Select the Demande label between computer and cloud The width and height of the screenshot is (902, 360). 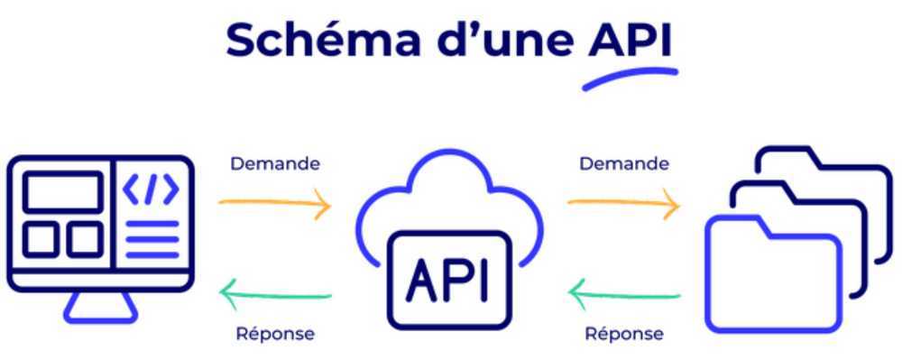tap(275, 164)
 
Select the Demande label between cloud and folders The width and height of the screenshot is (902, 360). tap(624, 164)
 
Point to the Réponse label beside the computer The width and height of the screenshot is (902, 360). tap(275, 334)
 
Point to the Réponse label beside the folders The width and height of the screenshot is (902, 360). tap(624, 334)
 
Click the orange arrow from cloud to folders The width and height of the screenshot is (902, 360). tap(624, 204)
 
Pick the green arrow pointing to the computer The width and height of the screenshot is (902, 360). tap(275, 292)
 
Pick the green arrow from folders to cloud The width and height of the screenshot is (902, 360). tap(624, 292)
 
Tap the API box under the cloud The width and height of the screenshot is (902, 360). tap(450, 280)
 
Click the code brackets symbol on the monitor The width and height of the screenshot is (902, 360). tap(151, 190)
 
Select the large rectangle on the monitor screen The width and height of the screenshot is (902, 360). tap(62, 192)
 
